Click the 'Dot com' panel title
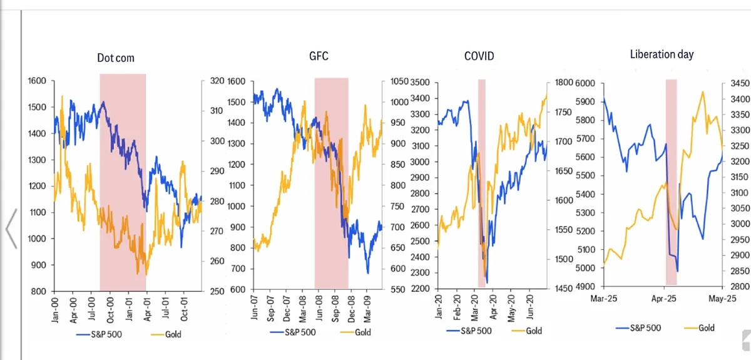coord(116,58)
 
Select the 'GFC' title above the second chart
coord(320,56)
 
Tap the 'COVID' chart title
coord(479,56)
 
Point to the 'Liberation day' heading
coord(662,54)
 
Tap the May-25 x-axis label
coord(722,299)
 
